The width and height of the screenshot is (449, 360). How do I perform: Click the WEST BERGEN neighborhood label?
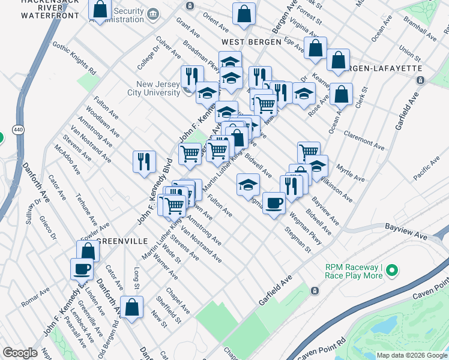click(251, 42)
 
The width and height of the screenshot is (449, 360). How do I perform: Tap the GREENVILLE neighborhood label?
click(122, 241)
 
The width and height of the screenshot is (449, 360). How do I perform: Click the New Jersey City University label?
click(158, 88)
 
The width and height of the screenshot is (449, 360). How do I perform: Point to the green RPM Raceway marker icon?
click(392, 271)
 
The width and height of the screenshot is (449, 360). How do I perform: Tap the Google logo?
click(20, 353)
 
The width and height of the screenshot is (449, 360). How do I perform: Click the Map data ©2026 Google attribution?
click(411, 355)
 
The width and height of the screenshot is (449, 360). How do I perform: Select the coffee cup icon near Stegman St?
click(274, 203)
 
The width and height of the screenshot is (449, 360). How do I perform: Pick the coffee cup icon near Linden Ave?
click(82, 269)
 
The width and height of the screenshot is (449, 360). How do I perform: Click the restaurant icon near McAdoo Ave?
click(144, 161)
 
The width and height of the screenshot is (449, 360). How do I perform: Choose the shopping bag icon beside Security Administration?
click(100, 10)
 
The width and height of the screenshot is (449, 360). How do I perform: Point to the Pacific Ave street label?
click(426, 165)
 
